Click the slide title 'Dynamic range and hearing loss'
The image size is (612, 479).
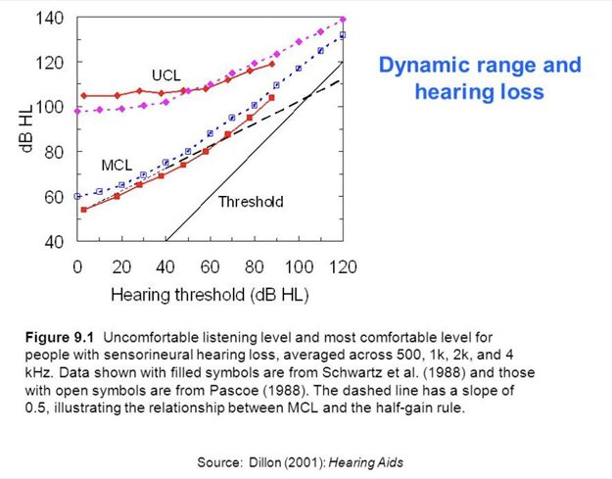pos(480,78)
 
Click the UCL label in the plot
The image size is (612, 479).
pos(165,75)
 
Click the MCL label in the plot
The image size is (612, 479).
pos(117,167)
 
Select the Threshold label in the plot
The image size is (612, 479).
pos(251,202)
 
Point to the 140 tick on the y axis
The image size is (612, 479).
pos(50,18)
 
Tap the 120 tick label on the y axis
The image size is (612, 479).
pos(50,62)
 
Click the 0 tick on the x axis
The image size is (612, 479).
pos(77,266)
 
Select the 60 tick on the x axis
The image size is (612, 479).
pos(210,266)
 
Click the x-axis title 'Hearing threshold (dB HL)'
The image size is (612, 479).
pos(210,294)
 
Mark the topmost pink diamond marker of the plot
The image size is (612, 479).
pos(342,19)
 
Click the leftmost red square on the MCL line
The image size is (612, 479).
pos(84,210)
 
